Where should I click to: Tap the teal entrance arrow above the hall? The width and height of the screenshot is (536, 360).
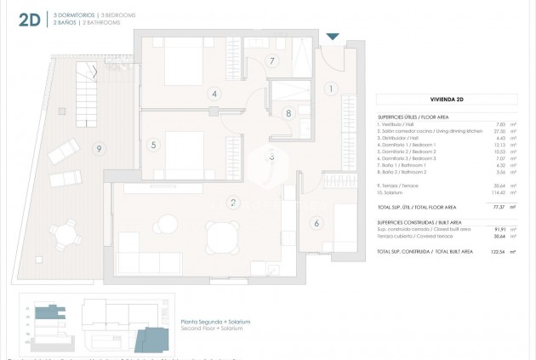[x=333, y=36]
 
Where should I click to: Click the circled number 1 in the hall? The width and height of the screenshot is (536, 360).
[x=332, y=88]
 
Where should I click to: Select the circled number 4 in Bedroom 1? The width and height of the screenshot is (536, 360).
[x=214, y=94]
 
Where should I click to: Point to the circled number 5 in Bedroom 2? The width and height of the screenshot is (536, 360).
[x=153, y=145]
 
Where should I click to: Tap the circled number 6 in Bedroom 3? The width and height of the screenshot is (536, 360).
[x=316, y=223]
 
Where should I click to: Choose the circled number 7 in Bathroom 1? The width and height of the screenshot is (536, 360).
[x=271, y=60]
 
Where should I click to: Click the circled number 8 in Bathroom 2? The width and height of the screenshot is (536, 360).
[x=288, y=112]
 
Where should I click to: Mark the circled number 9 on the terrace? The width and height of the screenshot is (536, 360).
[x=99, y=149]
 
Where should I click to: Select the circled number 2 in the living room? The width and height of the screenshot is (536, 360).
[x=231, y=203]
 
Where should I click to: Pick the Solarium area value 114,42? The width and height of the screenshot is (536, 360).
[x=499, y=190]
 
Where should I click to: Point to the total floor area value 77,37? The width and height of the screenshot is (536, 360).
[x=500, y=206]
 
